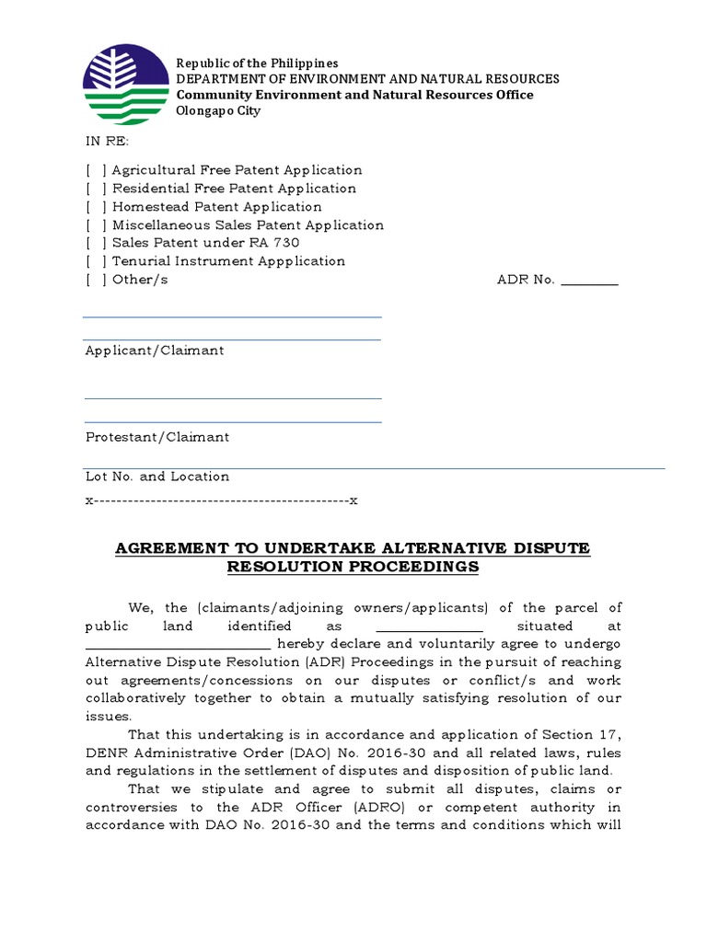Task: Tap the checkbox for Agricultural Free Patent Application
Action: coord(97,170)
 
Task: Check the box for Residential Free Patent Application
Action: coord(97,189)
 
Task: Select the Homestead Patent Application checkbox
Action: coord(97,207)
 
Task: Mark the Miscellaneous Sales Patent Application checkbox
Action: coord(97,225)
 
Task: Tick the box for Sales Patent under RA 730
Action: coord(97,243)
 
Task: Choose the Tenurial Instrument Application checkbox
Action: coord(97,261)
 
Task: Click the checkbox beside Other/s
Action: coord(97,280)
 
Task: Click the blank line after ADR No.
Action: coord(589,281)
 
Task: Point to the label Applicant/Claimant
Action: coord(155,350)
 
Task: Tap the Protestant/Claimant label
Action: coord(157,437)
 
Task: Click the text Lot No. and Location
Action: coord(157,477)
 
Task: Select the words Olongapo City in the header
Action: coord(218,111)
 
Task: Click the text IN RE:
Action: coord(108,142)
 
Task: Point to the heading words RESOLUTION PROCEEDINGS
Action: coord(353,568)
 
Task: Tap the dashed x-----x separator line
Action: coord(221,500)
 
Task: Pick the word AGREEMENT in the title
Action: coord(163,549)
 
